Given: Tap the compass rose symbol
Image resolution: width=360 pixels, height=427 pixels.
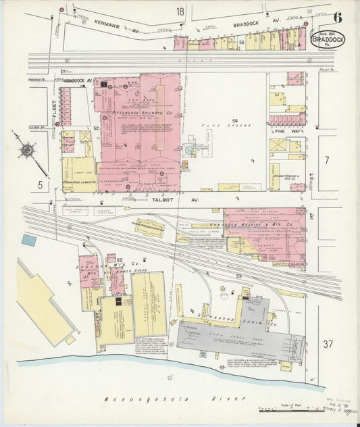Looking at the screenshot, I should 27,150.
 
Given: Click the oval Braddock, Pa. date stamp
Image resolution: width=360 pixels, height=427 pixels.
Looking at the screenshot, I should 327,40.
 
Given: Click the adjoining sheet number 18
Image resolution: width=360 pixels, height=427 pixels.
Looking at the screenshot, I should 180,11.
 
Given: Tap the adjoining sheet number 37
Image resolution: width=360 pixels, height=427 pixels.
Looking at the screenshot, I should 328,345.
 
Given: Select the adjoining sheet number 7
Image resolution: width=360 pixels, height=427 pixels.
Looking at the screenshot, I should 327,160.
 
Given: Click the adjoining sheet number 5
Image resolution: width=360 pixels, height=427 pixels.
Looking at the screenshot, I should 40,184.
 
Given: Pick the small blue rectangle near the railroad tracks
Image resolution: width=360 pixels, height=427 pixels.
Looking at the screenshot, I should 28,239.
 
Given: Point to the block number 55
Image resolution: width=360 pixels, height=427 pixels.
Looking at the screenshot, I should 241,43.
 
